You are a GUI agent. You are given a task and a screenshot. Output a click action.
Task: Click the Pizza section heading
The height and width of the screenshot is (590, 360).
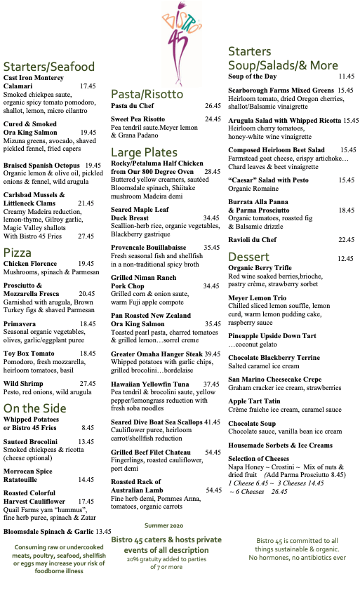coord(17,253)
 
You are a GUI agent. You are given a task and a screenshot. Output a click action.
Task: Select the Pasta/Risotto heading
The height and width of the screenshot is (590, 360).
coord(147,94)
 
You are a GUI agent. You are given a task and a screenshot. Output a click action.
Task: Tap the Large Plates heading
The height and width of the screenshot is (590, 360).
coord(144,152)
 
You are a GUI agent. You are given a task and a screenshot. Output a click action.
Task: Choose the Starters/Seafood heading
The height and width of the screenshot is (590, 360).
coord(48,67)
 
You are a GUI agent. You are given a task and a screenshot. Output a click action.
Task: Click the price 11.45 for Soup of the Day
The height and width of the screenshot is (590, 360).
coord(347,76)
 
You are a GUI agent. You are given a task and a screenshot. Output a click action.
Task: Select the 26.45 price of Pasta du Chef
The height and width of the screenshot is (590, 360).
coord(213,105)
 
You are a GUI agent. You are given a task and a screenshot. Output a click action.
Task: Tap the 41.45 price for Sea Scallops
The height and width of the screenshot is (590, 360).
coord(213,422)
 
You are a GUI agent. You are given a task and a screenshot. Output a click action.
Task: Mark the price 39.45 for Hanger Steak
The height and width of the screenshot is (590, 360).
coord(213,354)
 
